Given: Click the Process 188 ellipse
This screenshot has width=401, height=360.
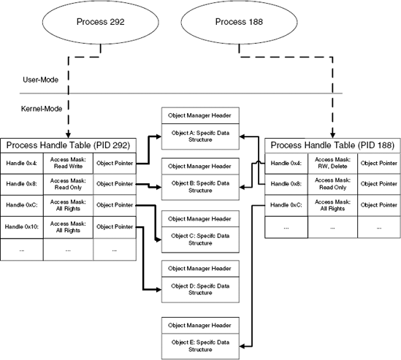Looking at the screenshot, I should (x=240, y=21).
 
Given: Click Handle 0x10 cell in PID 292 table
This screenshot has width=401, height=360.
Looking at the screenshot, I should (x=22, y=227).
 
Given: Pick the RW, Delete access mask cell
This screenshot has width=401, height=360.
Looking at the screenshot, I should (x=332, y=163).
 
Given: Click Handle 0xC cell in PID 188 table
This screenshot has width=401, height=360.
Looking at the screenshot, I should (x=286, y=206).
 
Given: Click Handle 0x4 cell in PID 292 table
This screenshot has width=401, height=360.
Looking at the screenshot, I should (x=22, y=163).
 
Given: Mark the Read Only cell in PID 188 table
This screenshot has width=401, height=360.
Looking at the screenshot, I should (x=332, y=184).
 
